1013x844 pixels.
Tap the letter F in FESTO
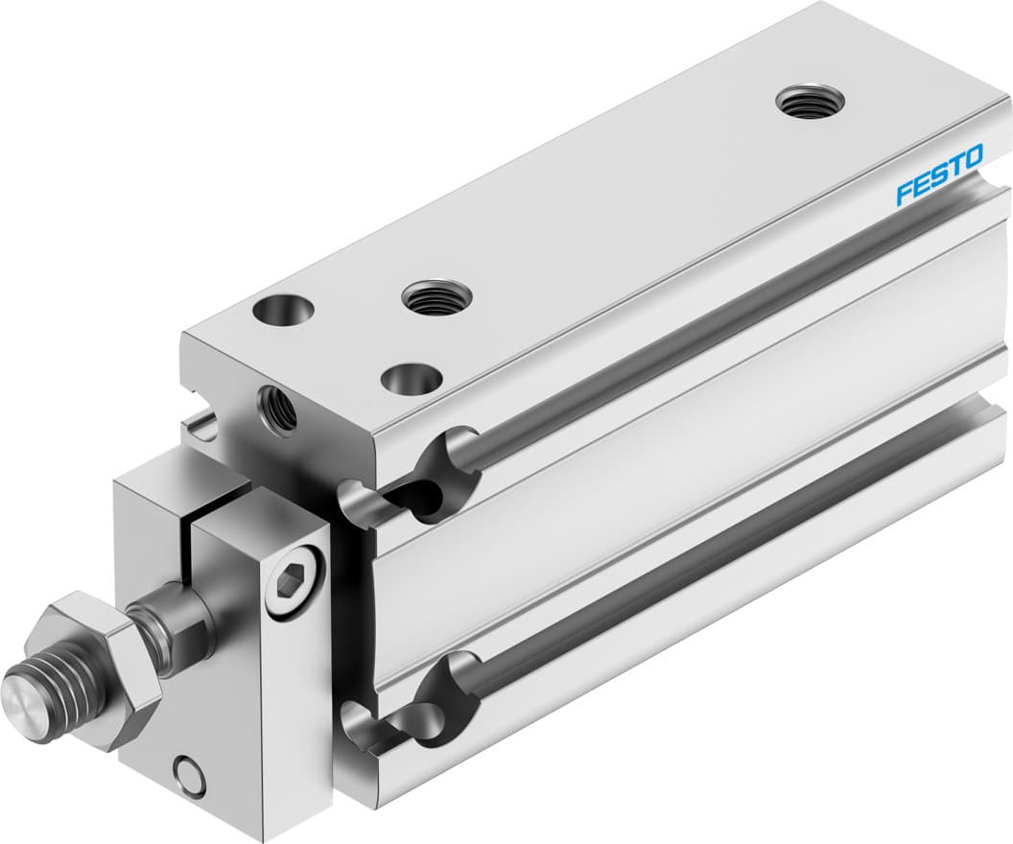[905, 193]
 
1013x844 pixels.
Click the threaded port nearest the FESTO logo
[810, 101]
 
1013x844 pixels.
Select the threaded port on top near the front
[435, 297]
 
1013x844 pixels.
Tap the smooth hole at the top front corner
[284, 312]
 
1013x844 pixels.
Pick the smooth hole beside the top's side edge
[412, 378]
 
